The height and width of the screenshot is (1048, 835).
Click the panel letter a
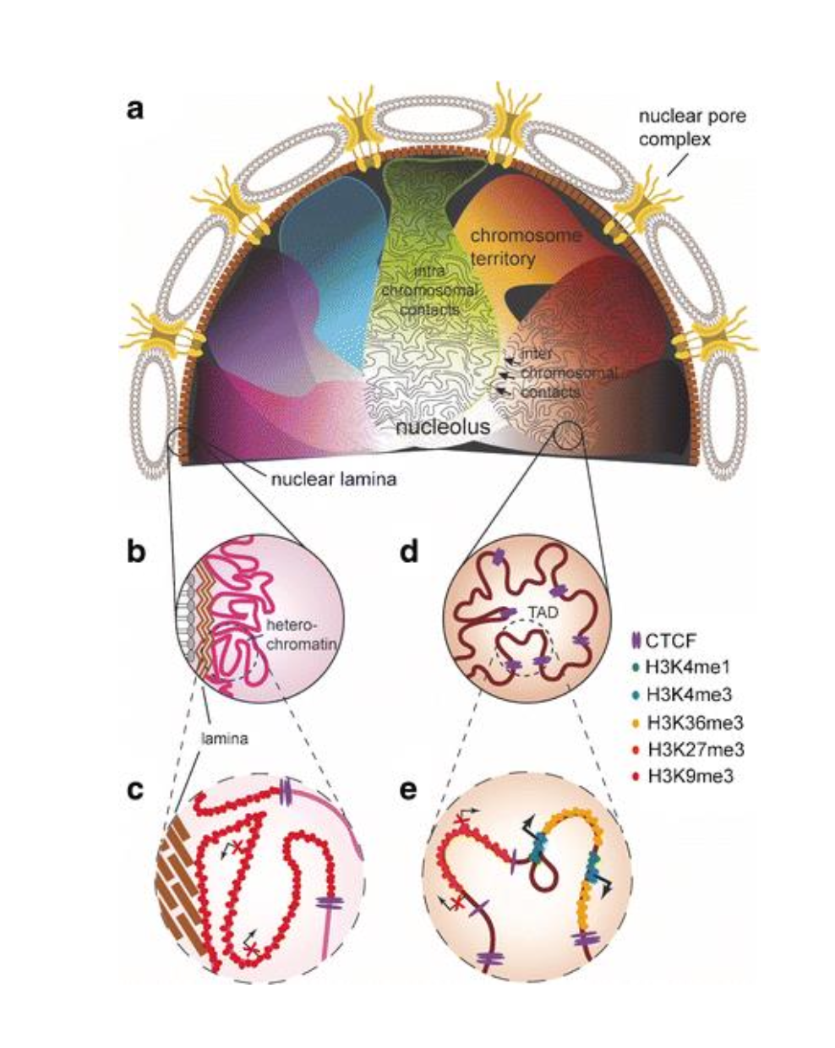[x=134, y=110]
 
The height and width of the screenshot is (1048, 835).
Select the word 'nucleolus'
[x=443, y=428]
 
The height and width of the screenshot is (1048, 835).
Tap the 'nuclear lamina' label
[x=334, y=479]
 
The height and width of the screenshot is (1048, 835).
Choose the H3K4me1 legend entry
[x=685, y=667]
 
